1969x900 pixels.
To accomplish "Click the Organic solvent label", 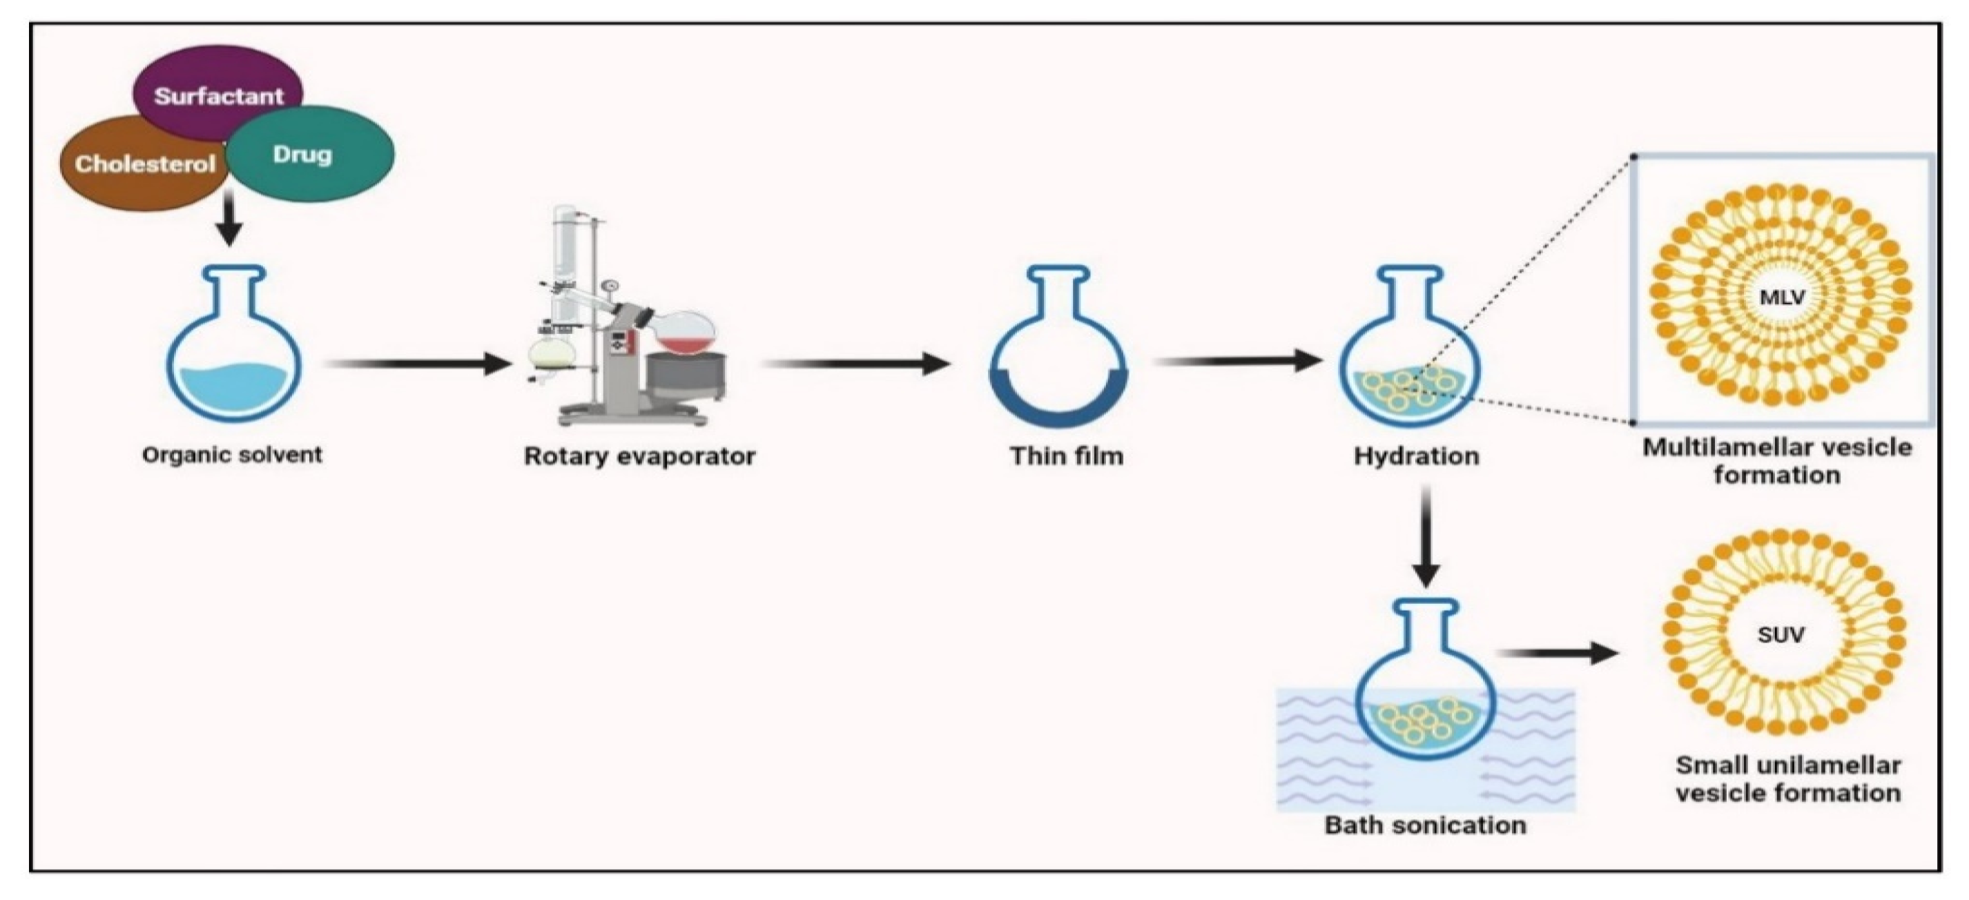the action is click(x=233, y=455).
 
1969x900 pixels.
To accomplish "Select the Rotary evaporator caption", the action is click(x=640, y=456).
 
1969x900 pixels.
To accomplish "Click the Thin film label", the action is click(x=1067, y=456).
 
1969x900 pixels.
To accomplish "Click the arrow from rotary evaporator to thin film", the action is click(x=856, y=364).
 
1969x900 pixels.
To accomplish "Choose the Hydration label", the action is click(x=1417, y=456).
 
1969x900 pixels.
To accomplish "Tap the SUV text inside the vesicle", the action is click(x=1781, y=634).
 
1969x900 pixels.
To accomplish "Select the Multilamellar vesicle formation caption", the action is click(x=1777, y=460).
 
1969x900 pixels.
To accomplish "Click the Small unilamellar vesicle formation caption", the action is click(x=1788, y=779).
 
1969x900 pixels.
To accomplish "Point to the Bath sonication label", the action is click(x=1426, y=825).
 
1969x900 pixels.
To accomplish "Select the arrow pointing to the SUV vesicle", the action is click(x=1558, y=653).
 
